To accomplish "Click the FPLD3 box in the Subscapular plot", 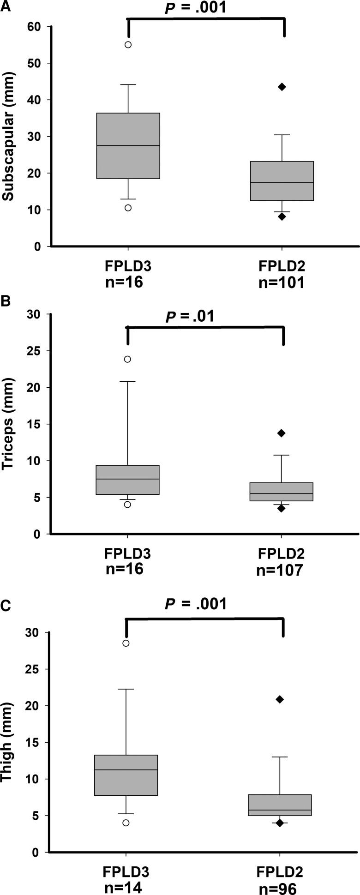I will tap(128, 145).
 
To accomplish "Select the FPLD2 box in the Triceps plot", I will tap(282, 491).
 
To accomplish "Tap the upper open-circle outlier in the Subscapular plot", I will tap(128, 45).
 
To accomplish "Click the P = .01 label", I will tap(190, 316).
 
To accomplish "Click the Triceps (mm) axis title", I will tap(8, 424).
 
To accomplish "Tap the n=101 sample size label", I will tap(281, 282).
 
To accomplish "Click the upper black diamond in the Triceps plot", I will tap(282, 433).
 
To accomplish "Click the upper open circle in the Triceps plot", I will tap(128, 359).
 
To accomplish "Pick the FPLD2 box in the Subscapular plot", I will tap(282, 181).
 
